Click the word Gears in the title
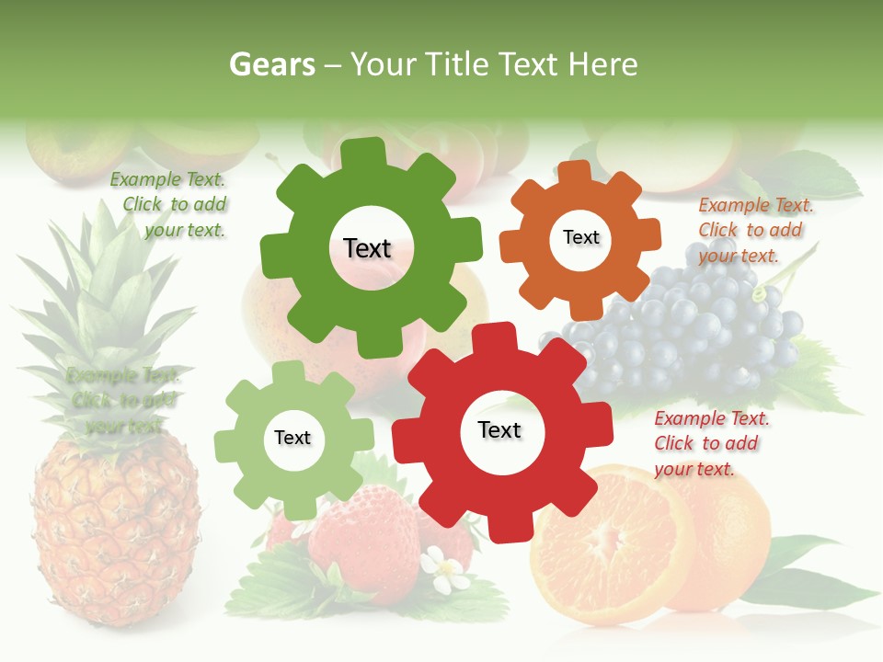(271, 65)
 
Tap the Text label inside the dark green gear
(367, 248)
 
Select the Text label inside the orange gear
(580, 237)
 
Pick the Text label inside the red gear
(499, 429)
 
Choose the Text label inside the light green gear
(292, 438)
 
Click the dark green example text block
(171, 205)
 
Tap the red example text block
(711, 443)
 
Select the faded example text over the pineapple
(121, 400)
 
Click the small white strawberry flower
(448, 572)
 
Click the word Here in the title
(602, 65)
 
